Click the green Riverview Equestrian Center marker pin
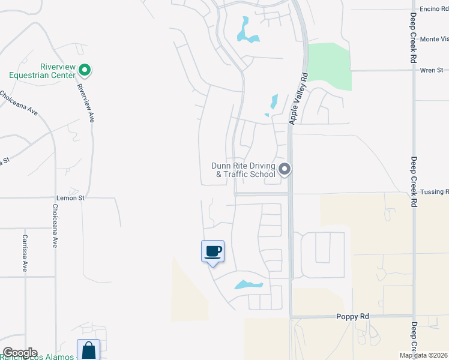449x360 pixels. (x=85, y=70)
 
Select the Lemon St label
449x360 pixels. (x=71, y=197)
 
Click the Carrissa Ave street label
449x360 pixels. (x=25, y=253)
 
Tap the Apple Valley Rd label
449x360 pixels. (x=297, y=98)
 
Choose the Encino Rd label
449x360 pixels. (x=433, y=8)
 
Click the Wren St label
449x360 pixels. (x=431, y=70)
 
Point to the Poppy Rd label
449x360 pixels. (x=352, y=317)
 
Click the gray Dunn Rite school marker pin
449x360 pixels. (x=285, y=170)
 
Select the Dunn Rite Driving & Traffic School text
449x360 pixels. (x=243, y=170)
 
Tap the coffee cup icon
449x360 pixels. (x=212, y=251)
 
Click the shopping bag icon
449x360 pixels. (x=88, y=350)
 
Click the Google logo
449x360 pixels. (x=19, y=353)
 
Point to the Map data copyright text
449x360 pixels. (x=424, y=355)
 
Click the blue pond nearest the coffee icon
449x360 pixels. (x=248, y=284)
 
